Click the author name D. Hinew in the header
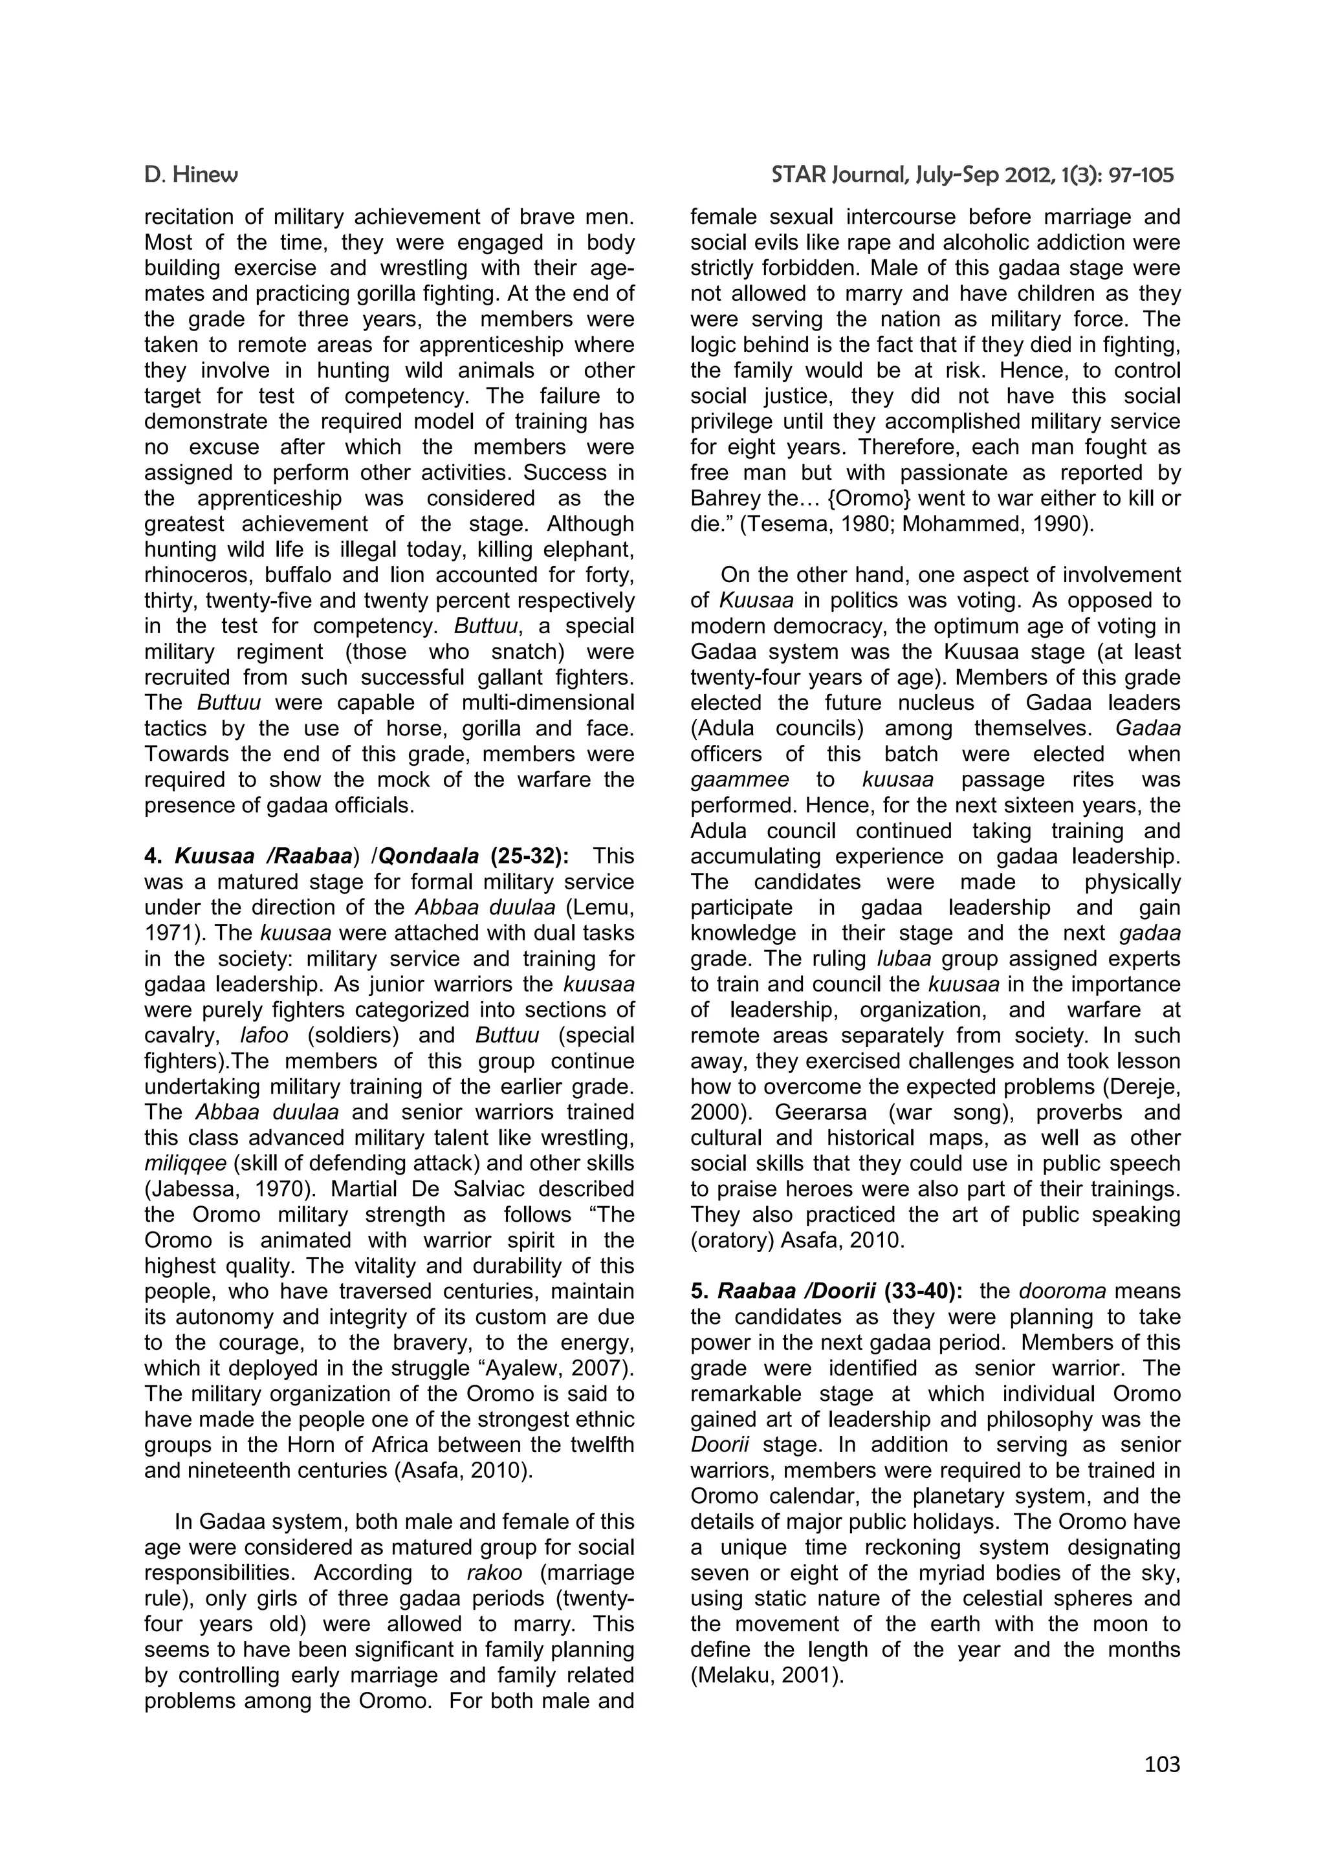pos(190,175)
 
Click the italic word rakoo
pos(494,1573)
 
